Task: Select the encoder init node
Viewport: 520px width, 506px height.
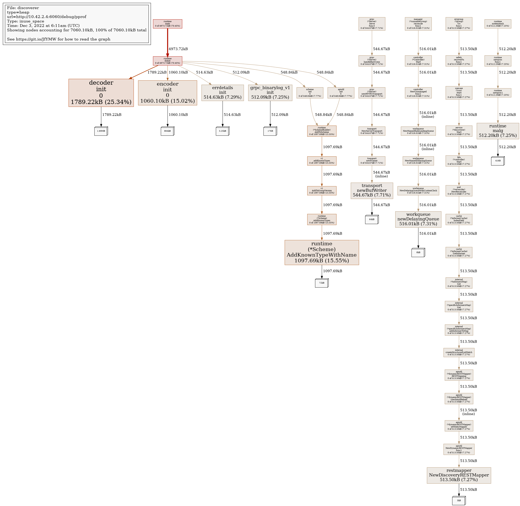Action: coord(167,93)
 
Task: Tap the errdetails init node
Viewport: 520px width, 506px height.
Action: coord(222,93)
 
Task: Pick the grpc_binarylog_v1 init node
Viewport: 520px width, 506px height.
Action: coord(270,93)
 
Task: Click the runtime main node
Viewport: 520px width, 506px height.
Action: coord(167,24)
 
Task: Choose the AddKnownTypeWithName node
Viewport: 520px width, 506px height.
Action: coord(322,253)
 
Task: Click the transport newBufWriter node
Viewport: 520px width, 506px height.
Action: coord(372,191)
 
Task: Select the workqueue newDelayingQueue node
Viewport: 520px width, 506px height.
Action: coord(418,219)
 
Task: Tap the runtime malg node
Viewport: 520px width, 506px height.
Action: coord(498,131)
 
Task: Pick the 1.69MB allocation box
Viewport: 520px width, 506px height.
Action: coord(101,131)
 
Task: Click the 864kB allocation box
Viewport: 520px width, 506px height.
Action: coord(167,131)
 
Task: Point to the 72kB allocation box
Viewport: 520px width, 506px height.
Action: coord(322,283)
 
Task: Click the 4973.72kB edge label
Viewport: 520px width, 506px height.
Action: coord(178,49)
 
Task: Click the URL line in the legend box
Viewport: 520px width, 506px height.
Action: coord(47,17)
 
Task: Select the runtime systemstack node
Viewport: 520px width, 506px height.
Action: coord(498,24)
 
